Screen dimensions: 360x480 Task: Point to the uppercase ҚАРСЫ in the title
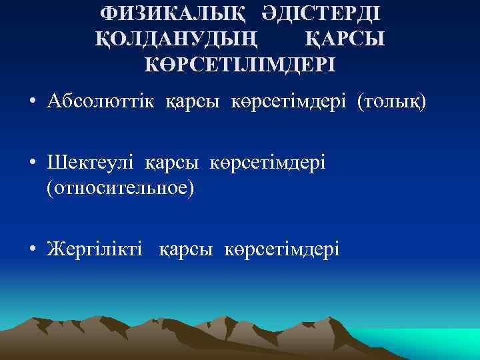(345, 39)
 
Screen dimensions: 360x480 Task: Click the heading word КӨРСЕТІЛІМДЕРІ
(240, 65)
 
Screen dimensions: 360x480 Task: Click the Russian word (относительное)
(120, 187)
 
